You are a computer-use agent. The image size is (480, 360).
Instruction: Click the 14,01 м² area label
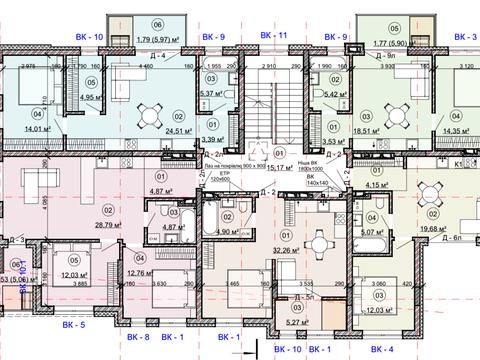coord(22,128)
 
